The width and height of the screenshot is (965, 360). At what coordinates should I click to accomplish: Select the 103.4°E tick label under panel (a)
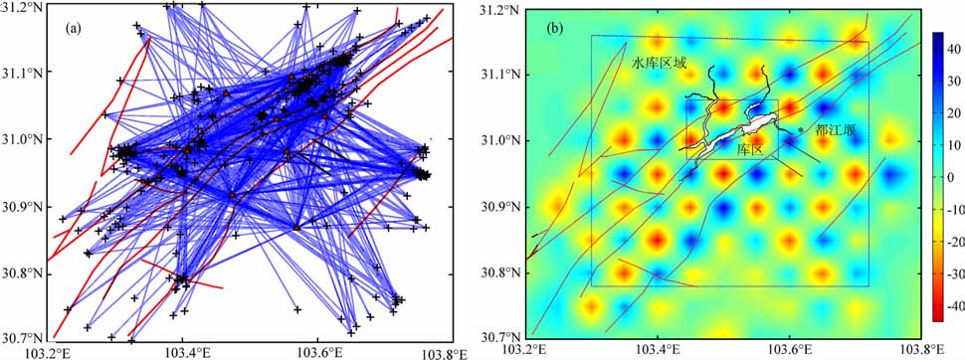[x=182, y=353]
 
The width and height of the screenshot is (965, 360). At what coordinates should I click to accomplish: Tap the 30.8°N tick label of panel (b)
[x=501, y=272]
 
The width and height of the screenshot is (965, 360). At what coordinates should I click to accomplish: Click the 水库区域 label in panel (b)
[x=658, y=62]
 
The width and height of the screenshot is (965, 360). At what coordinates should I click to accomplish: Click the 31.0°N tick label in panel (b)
[x=501, y=140]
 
